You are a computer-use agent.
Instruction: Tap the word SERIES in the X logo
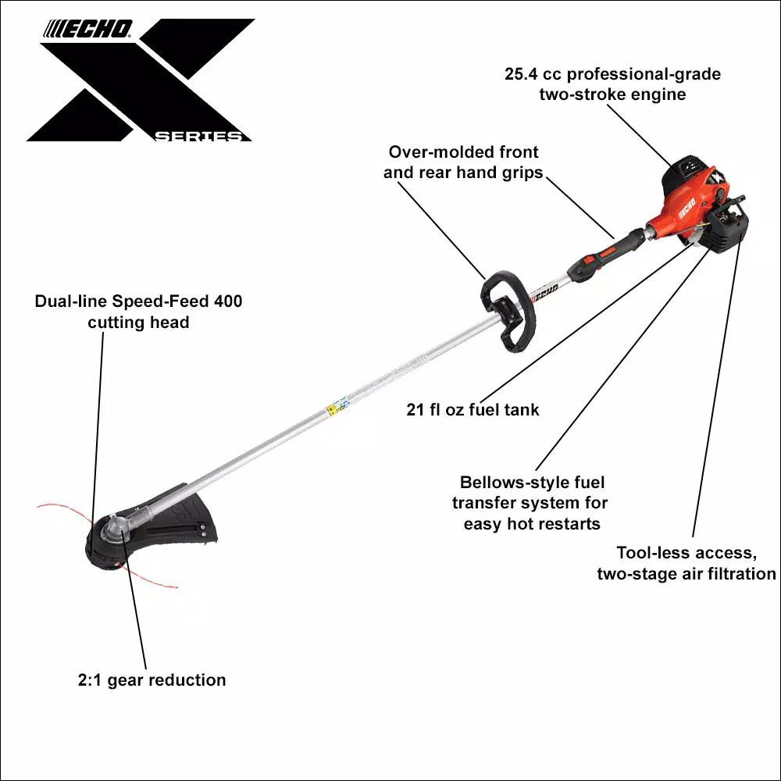(198, 137)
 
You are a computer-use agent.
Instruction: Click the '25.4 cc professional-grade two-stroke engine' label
(612, 84)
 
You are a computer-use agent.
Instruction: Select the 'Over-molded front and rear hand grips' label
(463, 162)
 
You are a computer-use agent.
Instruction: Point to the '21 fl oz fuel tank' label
(473, 409)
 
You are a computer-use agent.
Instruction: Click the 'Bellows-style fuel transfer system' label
(533, 503)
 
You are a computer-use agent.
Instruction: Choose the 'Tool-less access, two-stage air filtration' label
(686, 563)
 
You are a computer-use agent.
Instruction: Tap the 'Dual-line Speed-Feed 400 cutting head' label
(138, 311)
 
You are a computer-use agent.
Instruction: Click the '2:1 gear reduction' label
(152, 679)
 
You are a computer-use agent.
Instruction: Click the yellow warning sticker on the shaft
(337, 406)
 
